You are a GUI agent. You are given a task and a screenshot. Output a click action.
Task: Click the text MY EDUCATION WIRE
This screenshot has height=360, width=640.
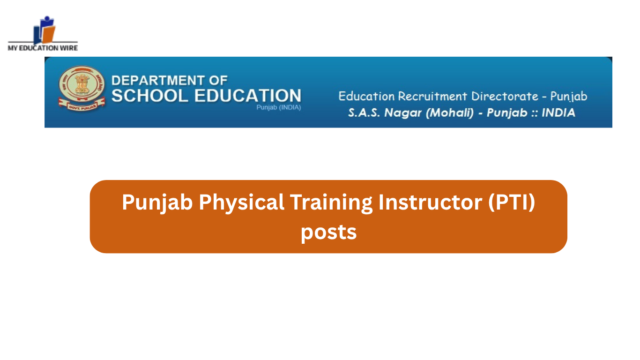(43, 48)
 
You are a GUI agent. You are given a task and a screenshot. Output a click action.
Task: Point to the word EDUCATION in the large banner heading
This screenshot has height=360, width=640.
(247, 96)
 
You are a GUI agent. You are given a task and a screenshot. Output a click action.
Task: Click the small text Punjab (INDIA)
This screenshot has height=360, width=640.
(279, 107)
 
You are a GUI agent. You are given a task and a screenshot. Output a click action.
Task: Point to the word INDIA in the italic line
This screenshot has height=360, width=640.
(558, 113)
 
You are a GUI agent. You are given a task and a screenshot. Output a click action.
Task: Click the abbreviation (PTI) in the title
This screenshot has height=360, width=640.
(512, 202)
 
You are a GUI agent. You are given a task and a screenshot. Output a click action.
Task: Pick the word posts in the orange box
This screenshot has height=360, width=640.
(328, 232)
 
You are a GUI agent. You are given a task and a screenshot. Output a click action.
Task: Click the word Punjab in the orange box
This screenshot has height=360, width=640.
(157, 202)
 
